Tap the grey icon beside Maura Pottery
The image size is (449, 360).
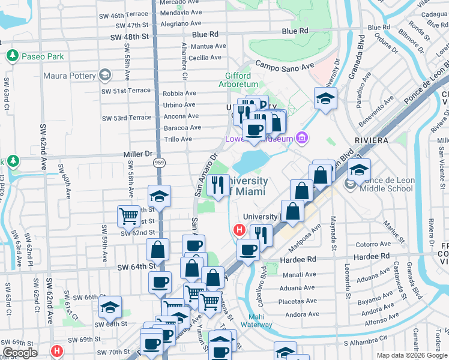(x=105, y=76)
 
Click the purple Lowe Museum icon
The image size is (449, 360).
(x=303, y=139)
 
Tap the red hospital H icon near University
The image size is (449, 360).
(x=239, y=229)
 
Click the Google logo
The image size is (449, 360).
(x=20, y=353)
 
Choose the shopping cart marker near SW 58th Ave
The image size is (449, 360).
(x=128, y=215)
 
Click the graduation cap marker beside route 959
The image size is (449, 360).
(x=160, y=196)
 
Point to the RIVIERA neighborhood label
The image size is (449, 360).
(x=375, y=140)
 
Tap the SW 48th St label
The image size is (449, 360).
(x=129, y=37)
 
